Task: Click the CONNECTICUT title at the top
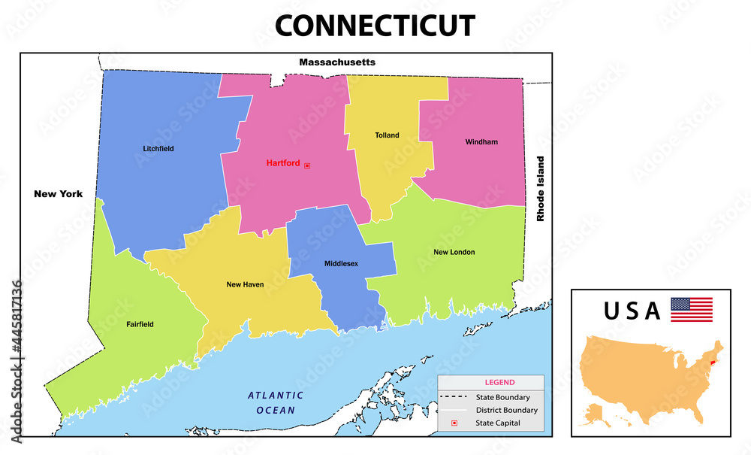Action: point(375,26)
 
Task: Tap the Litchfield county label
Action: point(158,149)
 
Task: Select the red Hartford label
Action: point(283,163)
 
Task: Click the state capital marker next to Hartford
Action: point(306,165)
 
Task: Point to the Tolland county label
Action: point(387,135)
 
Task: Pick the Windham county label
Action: point(481,141)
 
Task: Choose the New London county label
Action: point(454,252)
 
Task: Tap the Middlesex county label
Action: point(341,264)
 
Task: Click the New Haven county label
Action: point(245,285)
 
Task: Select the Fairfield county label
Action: point(140,324)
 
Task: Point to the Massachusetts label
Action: point(337,62)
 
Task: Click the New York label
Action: point(58,194)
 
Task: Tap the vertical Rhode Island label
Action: point(539,189)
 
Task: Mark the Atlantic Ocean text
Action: point(276,402)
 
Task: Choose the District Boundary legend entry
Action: point(506,411)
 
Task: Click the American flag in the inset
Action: point(691,310)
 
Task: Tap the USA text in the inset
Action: point(632,311)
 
